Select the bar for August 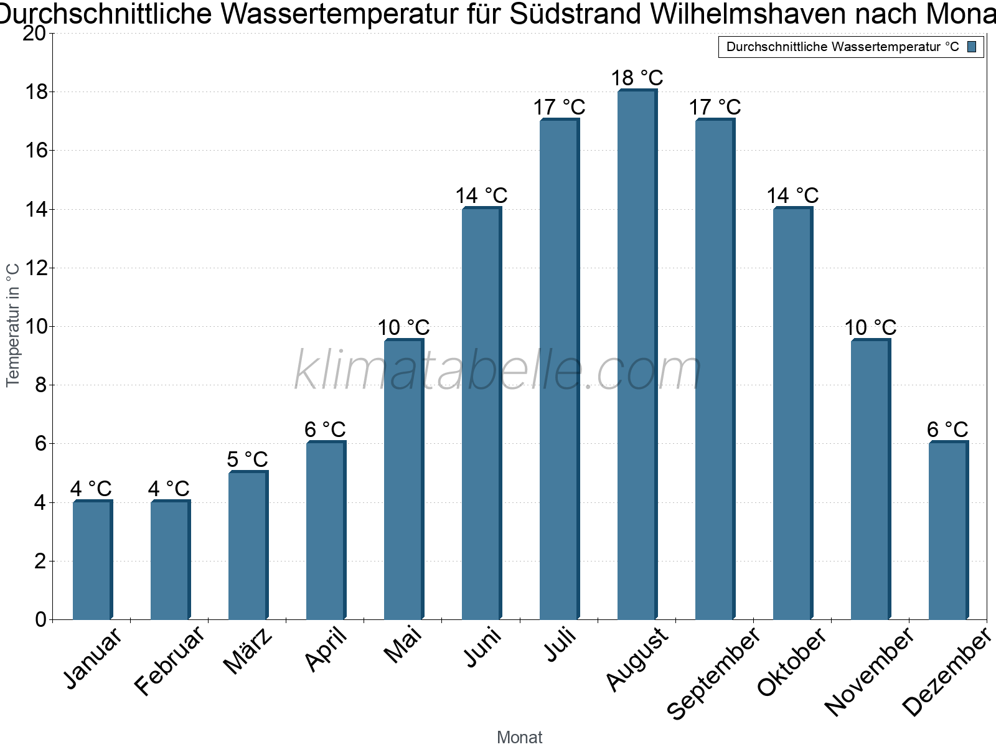[x=637, y=355]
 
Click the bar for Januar [x=92, y=560]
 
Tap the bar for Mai [x=403, y=479]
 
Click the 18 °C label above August [x=637, y=78]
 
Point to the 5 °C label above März [x=247, y=460]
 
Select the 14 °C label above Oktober [x=792, y=196]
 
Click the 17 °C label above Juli [x=559, y=108]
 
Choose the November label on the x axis [x=870, y=672]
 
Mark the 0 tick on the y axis [x=41, y=619]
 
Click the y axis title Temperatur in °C [x=14, y=324]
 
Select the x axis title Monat [x=519, y=737]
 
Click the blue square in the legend [x=972, y=47]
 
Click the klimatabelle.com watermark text [x=498, y=371]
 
